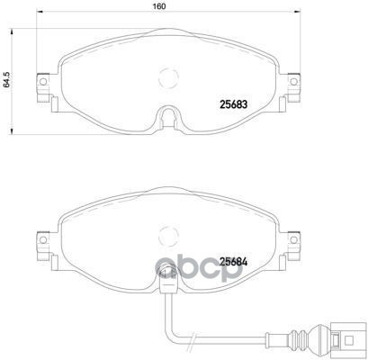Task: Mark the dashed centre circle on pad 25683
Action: [x=167, y=79]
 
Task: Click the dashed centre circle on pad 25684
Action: [x=167, y=236]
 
